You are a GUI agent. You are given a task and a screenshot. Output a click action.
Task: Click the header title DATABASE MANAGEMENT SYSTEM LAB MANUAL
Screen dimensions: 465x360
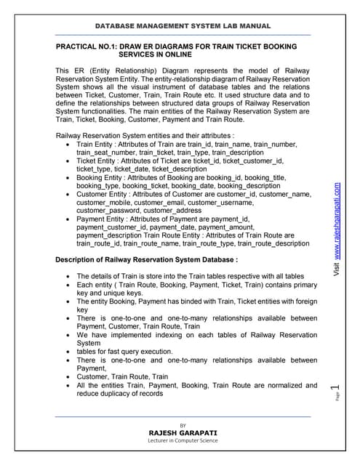(x=183, y=26)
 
